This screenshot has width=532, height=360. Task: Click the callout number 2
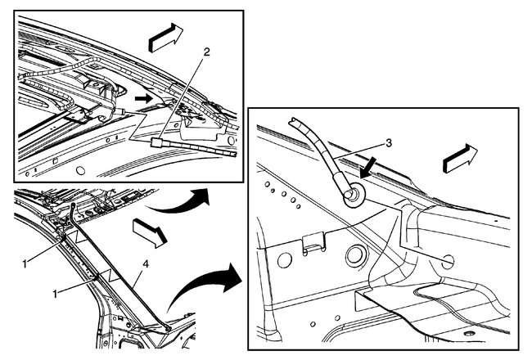[207, 51]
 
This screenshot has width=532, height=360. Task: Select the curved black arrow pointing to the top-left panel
[182, 200]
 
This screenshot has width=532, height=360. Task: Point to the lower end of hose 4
[169, 326]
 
